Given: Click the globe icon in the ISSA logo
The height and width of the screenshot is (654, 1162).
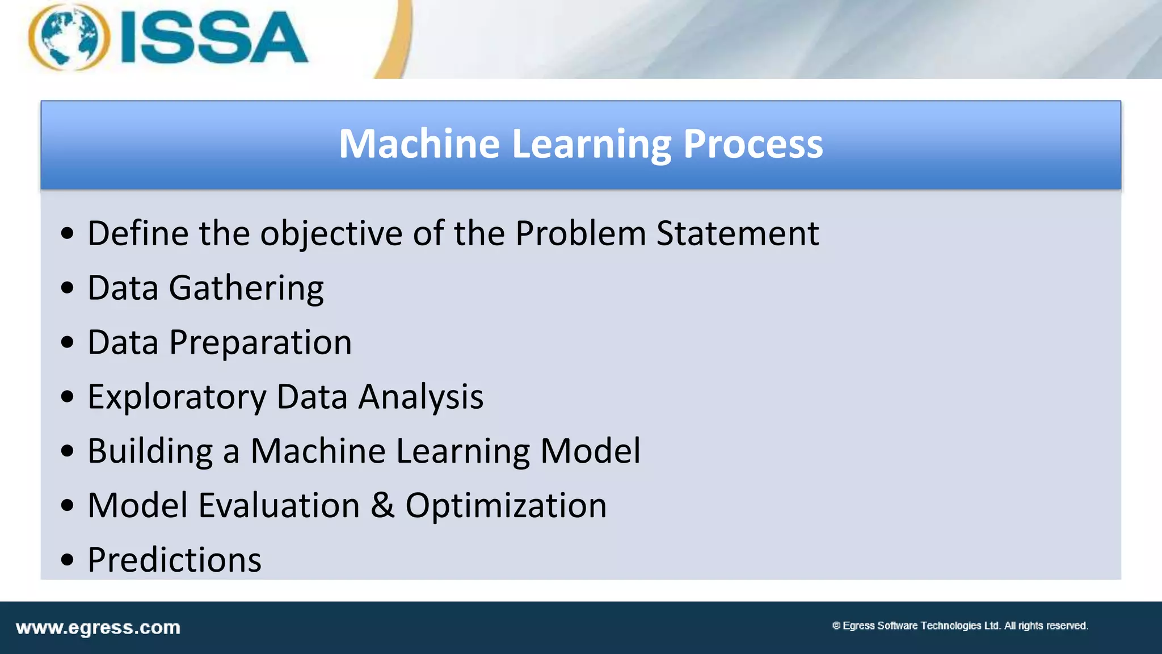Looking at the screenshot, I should pos(69,37).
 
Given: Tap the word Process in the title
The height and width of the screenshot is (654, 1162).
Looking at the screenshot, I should pos(752,144).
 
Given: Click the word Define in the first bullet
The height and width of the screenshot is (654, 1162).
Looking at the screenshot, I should pos(137,233).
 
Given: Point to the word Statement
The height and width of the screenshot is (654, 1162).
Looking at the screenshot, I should pos(738,233).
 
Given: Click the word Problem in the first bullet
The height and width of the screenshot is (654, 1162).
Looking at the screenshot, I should pos(580,233).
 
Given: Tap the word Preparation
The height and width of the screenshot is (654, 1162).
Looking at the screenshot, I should pos(260,343).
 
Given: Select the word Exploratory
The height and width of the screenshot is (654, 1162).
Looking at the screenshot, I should pos(176,397).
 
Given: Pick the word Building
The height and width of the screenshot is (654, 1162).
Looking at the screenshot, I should pos(150,452).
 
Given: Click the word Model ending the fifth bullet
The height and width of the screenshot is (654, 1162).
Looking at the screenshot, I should pos(590,451).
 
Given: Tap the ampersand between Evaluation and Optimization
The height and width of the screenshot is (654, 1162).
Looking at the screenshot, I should pos(382,506).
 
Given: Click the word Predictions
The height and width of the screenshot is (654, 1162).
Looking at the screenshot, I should pos(174,560).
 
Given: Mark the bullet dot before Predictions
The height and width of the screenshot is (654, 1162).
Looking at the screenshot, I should pos(68,560).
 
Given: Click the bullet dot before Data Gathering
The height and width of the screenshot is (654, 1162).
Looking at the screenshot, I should pos(68,288).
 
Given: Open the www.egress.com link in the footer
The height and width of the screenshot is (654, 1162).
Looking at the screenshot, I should pos(98,628).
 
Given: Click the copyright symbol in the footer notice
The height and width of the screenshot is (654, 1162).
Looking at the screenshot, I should pos(836,626).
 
